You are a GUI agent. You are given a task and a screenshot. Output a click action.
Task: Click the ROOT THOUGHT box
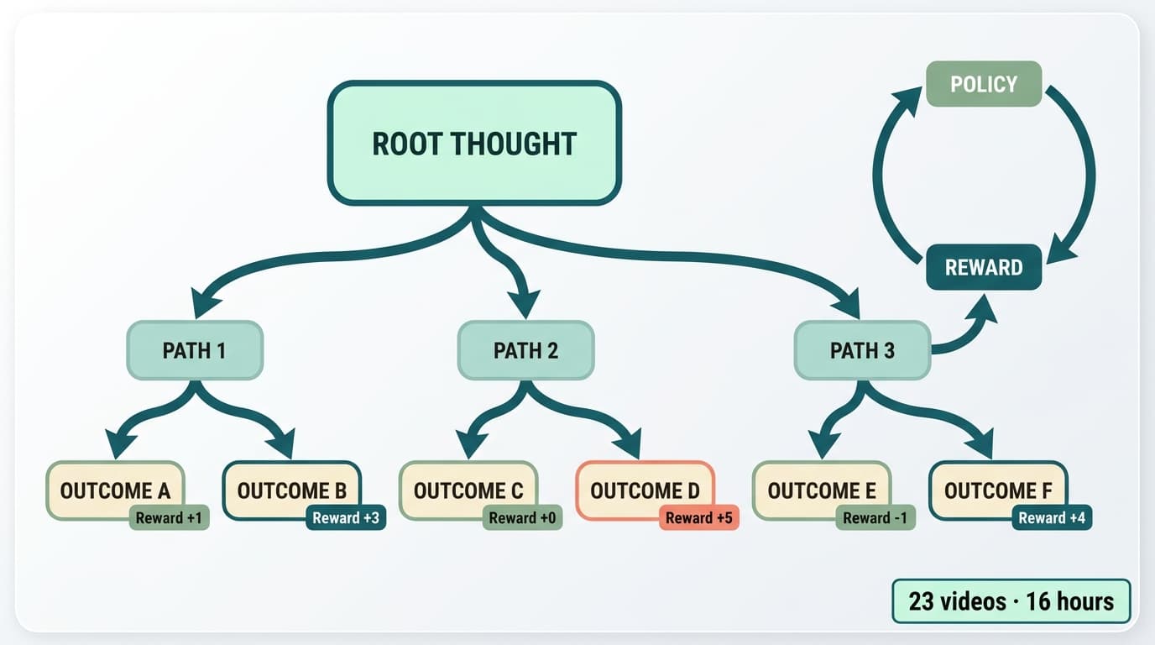(x=474, y=144)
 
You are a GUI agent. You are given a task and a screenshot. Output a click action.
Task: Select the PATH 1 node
(x=195, y=350)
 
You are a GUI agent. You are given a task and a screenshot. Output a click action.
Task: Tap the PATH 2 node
(x=525, y=350)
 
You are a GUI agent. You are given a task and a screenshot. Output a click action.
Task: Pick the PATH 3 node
(x=862, y=350)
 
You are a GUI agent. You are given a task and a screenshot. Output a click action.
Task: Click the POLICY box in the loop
(x=984, y=84)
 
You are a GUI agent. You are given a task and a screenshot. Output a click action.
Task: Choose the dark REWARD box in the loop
(x=984, y=267)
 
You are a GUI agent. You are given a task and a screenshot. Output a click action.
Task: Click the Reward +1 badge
(x=169, y=518)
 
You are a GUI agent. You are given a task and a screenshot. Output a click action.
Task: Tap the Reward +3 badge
(x=346, y=518)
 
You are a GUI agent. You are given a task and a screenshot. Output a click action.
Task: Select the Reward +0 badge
(x=522, y=518)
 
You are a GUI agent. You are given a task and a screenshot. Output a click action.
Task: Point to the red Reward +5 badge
(x=699, y=518)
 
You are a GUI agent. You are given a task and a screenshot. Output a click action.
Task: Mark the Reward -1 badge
(x=875, y=518)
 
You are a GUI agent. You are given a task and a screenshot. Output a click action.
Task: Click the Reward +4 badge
(x=1052, y=518)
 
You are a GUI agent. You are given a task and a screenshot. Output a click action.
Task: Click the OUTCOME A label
(x=115, y=490)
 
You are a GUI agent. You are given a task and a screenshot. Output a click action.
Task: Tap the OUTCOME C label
(x=468, y=490)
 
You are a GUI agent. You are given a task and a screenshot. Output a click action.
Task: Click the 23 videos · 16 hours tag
(x=1011, y=601)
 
